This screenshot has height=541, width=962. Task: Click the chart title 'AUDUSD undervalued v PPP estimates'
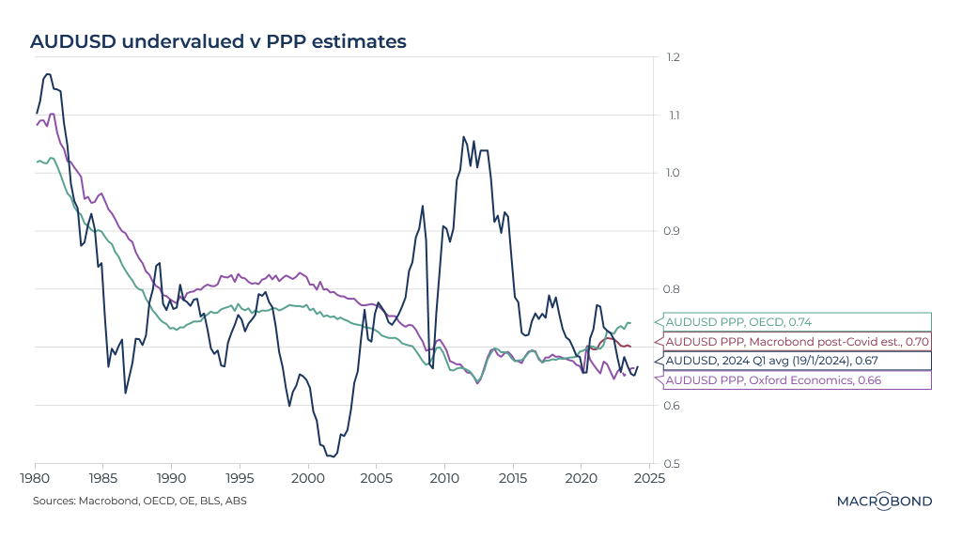pyautogui.click(x=218, y=41)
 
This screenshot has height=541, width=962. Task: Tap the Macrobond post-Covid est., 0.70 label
pyautogui.click(x=797, y=342)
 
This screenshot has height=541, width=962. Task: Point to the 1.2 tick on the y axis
pyautogui.click(x=672, y=58)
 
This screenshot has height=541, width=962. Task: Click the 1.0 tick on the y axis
pyautogui.click(x=672, y=174)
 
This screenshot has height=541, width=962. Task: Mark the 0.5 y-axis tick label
pyautogui.click(x=672, y=464)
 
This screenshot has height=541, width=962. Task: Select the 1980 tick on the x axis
pyautogui.click(x=35, y=478)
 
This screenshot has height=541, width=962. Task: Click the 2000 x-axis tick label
pyautogui.click(x=308, y=478)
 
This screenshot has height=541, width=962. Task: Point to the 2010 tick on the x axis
pyautogui.click(x=444, y=478)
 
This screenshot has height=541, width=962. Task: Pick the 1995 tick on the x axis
pyautogui.click(x=240, y=478)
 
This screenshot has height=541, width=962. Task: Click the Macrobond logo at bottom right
pyautogui.click(x=884, y=502)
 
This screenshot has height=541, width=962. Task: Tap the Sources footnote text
pyautogui.click(x=140, y=501)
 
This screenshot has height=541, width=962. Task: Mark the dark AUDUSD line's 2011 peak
pyautogui.click(x=463, y=137)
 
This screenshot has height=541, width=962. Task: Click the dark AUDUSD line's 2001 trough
pyautogui.click(x=333, y=456)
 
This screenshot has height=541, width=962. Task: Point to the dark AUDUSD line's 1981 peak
pyautogui.click(x=48, y=73)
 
